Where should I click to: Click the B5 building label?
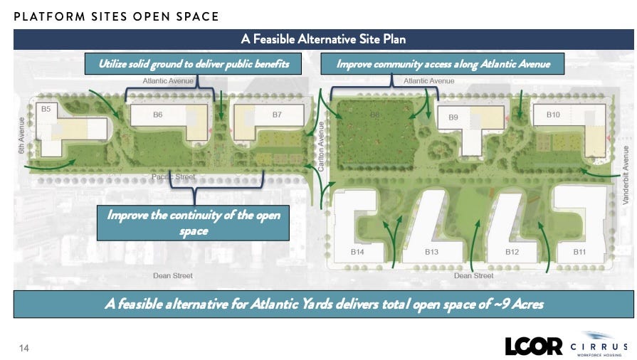point(46,109)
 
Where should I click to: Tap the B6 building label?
point(157,115)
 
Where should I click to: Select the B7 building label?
point(277,115)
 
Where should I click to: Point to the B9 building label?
point(453,117)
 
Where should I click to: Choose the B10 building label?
point(553,115)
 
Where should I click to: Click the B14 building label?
point(357,252)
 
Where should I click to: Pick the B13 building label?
point(431,252)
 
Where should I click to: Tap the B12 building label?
point(512,252)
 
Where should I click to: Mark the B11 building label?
point(579,252)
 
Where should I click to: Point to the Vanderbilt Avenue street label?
point(626,175)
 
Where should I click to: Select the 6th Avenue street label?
point(21,135)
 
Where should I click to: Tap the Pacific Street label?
point(174,176)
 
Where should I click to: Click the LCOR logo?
point(533,346)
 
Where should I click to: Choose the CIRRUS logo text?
point(599,347)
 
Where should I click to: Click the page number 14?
point(24,348)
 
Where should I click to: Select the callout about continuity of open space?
point(193,223)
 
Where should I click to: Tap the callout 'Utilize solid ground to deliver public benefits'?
point(193,64)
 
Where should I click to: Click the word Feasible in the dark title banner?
point(274,39)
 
